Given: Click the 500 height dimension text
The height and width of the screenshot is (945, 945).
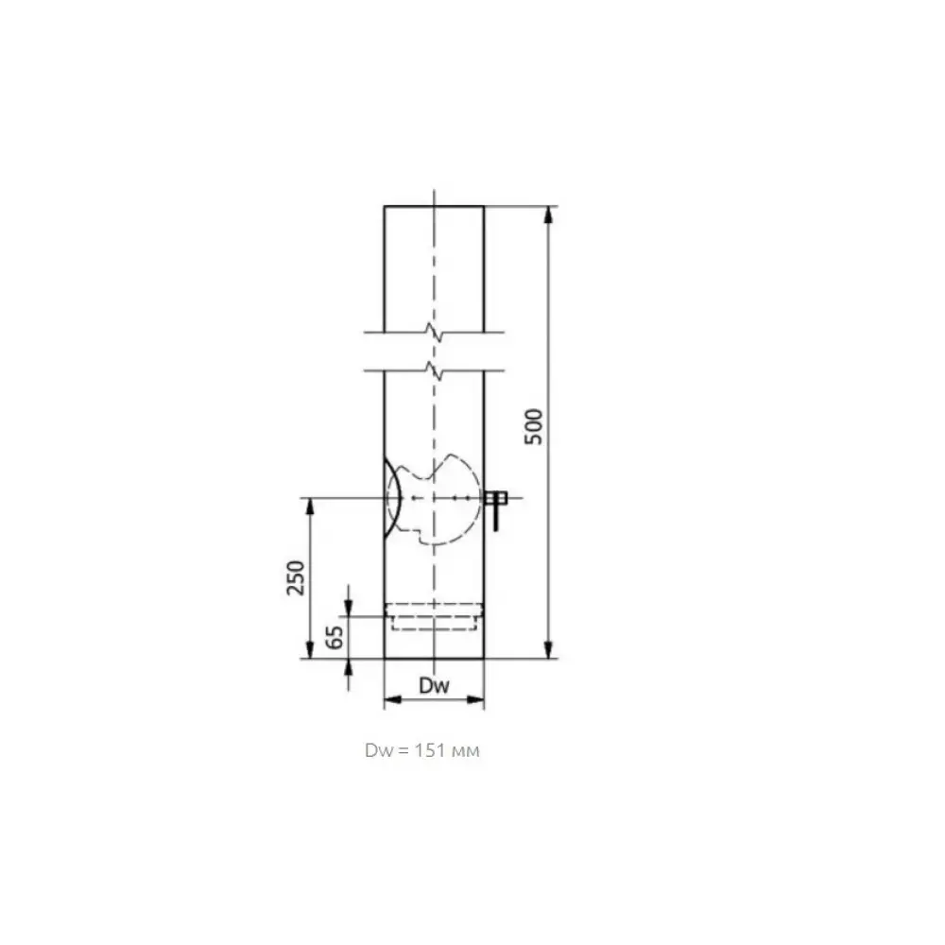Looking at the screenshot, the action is pyautogui.click(x=534, y=427).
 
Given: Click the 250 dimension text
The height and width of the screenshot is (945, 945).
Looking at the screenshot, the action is pyautogui.click(x=296, y=577).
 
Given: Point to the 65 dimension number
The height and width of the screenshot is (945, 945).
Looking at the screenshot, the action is pyautogui.click(x=335, y=637).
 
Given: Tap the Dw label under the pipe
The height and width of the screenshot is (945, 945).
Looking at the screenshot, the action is pyautogui.click(x=434, y=685).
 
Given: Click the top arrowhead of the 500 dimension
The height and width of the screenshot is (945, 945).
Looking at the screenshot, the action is pyautogui.click(x=548, y=215).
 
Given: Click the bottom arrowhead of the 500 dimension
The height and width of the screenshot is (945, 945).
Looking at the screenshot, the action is pyautogui.click(x=548, y=650).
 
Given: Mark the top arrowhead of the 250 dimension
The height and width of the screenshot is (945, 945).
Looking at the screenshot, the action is pyautogui.click(x=310, y=507).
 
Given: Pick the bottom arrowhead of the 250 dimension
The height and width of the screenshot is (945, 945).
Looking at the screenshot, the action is pyautogui.click(x=310, y=650).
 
